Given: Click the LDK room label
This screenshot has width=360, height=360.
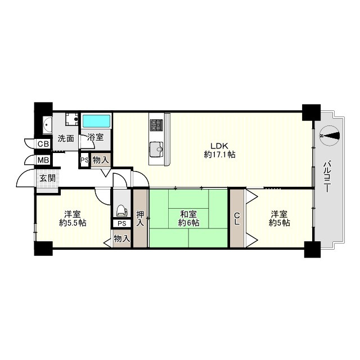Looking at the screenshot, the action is coord(219,146).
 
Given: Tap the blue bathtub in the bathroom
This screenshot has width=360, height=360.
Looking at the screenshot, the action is coord(96,121).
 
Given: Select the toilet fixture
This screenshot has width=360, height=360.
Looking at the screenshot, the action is coord(121,210).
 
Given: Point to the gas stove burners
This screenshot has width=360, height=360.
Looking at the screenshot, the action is coord(156,125).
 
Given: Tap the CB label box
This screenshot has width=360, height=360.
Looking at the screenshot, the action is coord(43,144).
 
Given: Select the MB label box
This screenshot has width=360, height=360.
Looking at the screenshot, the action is coord(43,160).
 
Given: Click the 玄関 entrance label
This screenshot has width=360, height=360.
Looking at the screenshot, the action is coord(47,178).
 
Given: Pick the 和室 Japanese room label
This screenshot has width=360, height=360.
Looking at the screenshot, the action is coord(188,214).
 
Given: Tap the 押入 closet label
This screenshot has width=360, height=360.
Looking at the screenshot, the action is coord(140,218).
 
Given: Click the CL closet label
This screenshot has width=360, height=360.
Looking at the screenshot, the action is coord(237,218).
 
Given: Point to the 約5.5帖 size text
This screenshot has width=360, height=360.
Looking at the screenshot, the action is coord(73,223).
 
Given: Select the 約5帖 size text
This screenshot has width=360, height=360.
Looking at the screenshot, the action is coord(279,223).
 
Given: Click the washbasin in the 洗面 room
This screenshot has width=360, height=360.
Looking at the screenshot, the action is coord(47,125).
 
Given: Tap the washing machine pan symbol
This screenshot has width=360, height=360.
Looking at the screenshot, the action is coord(72,119).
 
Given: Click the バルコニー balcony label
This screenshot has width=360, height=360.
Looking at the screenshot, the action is coord(327,177).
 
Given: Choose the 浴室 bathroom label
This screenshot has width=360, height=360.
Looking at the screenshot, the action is coord(95,137).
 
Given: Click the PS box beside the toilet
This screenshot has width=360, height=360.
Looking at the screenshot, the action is coord(121,223).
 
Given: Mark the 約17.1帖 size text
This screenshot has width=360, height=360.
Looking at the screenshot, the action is coord(219,155).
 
